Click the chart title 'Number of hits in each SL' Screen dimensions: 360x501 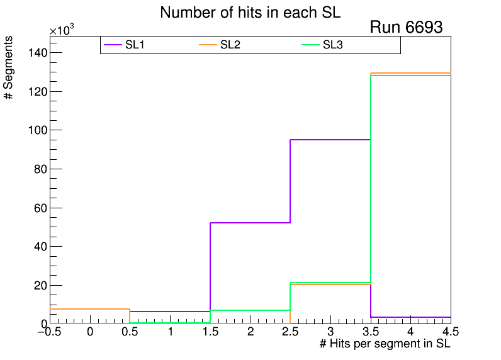click(x=250, y=13)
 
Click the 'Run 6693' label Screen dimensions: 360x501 click(x=406, y=28)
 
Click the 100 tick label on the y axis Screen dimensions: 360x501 click(x=35, y=130)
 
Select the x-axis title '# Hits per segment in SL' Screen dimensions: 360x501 click(x=385, y=344)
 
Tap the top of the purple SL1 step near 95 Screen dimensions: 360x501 click(x=330, y=140)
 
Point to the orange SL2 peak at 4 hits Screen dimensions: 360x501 click(x=410, y=73)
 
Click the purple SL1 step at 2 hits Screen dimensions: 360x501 click(x=250, y=222)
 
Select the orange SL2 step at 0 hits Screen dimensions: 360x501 click(x=90, y=309)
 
